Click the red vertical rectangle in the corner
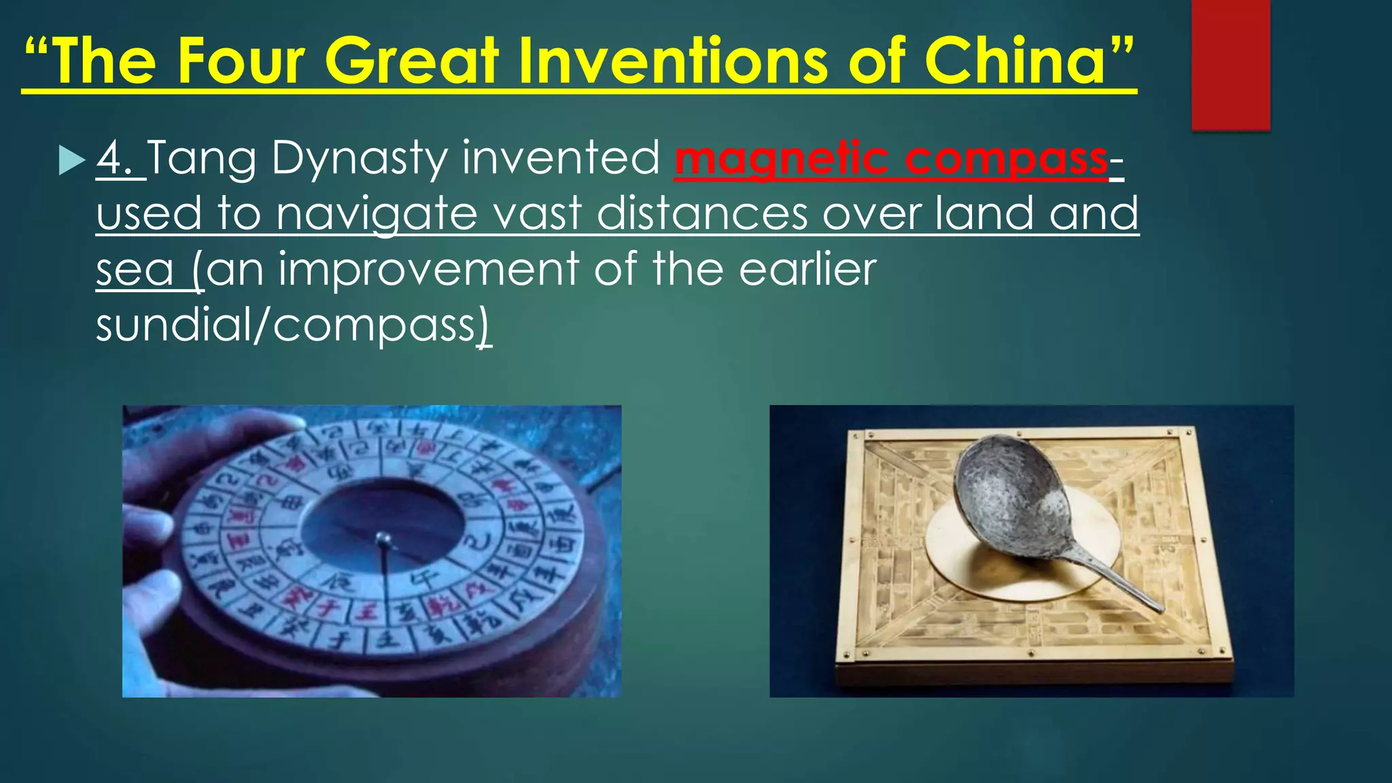point(1230,65)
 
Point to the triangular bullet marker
point(71,160)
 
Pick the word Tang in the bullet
point(202,159)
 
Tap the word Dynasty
point(360,159)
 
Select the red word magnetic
point(782,159)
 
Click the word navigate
point(377,215)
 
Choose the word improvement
point(429,269)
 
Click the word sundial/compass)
point(292,326)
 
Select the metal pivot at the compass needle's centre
point(383,539)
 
